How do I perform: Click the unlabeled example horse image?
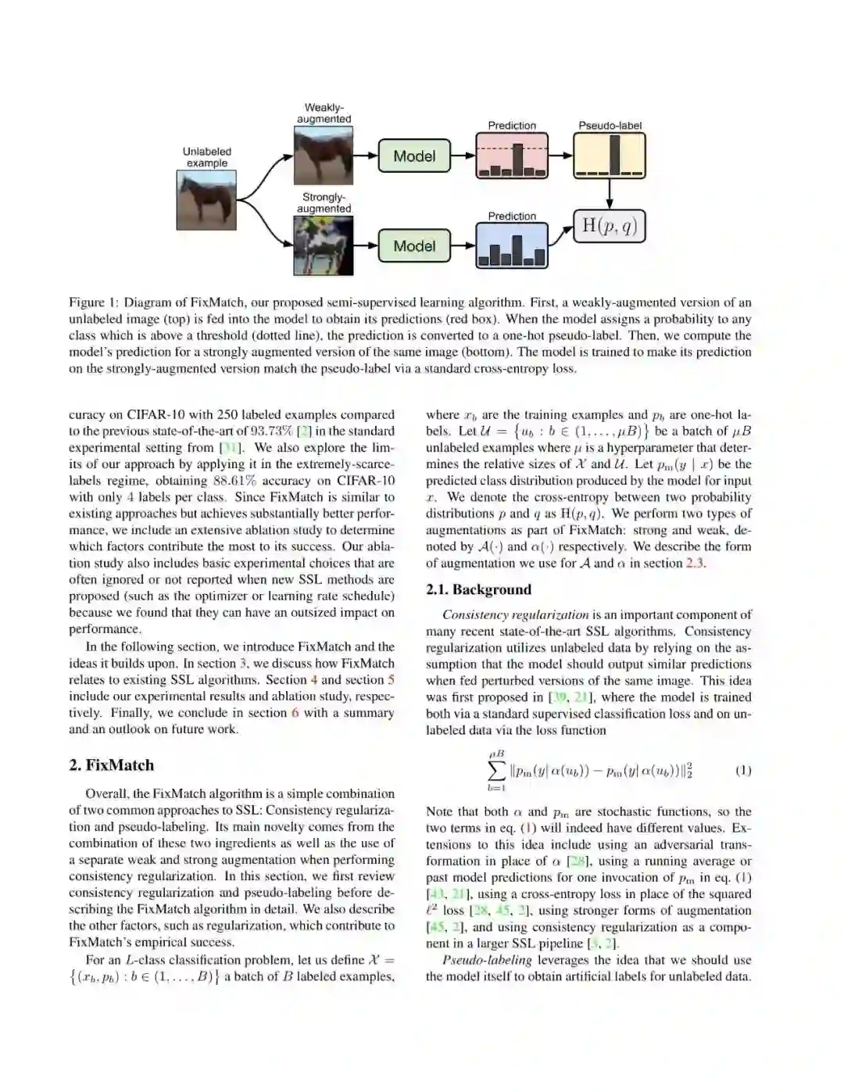click(206, 200)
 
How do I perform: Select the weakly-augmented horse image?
click(324, 156)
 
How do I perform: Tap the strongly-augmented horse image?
click(324, 245)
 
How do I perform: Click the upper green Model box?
click(414, 156)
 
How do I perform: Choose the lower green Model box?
click(414, 245)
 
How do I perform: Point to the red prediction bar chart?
click(512, 156)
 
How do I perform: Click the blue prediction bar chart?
click(512, 245)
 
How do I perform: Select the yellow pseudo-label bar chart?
click(610, 156)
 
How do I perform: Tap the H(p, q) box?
click(610, 227)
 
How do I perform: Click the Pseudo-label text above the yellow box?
click(610, 125)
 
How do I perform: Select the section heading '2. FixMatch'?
click(111, 765)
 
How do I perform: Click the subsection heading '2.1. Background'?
click(478, 590)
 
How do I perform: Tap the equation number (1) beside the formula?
click(743, 771)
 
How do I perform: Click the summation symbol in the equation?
click(496, 771)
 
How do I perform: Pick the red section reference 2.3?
click(695, 563)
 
